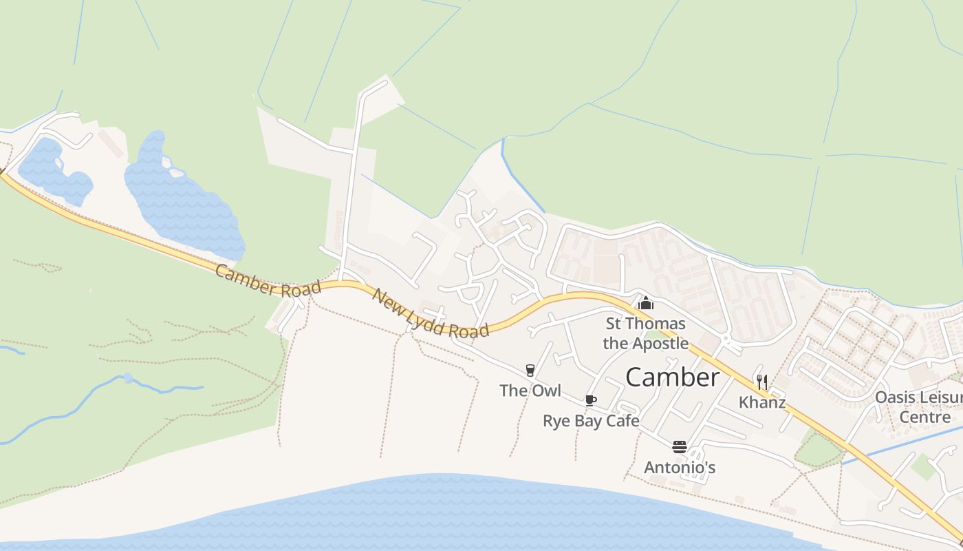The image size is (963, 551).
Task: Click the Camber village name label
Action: pos(672,377)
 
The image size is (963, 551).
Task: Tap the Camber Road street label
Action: pos(268,280)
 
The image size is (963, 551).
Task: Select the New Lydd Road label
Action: pos(431,313)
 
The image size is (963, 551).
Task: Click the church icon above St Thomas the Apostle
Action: pos(645,303)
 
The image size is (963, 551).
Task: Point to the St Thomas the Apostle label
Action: pos(645,333)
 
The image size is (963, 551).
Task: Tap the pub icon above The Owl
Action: pos(530,371)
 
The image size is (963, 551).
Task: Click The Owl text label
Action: pos(530,391)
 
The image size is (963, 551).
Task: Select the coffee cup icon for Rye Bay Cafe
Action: pos(590,401)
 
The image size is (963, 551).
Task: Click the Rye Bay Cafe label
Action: pos(591,421)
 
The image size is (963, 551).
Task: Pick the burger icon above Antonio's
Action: pos(680,447)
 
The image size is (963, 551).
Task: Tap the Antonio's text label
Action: pos(680,468)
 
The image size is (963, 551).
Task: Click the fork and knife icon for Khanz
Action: pos(761,382)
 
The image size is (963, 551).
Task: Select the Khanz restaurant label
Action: pos(762,402)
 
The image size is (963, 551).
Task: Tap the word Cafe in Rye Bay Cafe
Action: pos(623,421)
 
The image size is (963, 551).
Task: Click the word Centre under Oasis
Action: pos(925,417)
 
